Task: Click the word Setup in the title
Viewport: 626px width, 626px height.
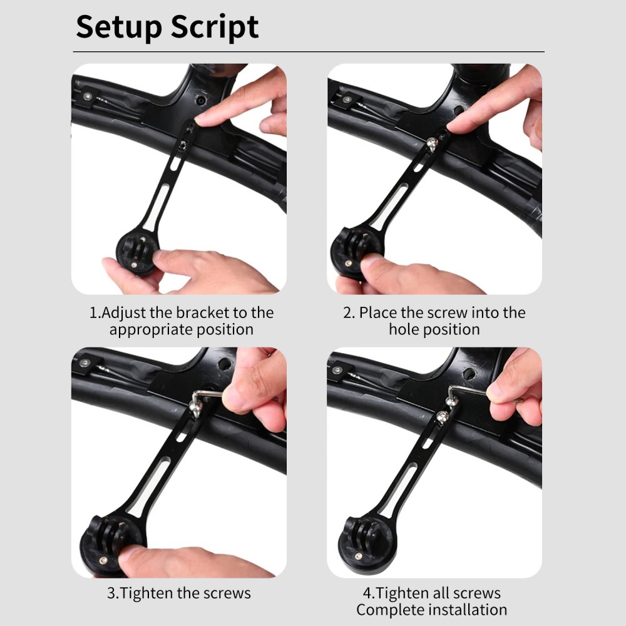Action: (x=119, y=27)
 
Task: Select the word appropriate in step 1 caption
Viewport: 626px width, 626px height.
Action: (x=149, y=331)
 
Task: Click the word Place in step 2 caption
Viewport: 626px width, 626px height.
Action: (x=377, y=312)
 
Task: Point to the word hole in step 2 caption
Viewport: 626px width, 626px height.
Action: (x=404, y=329)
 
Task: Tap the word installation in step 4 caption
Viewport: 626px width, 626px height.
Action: (x=468, y=610)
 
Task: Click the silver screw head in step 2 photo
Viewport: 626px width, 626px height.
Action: (x=431, y=144)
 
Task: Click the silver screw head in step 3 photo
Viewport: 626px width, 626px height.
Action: (x=195, y=409)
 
